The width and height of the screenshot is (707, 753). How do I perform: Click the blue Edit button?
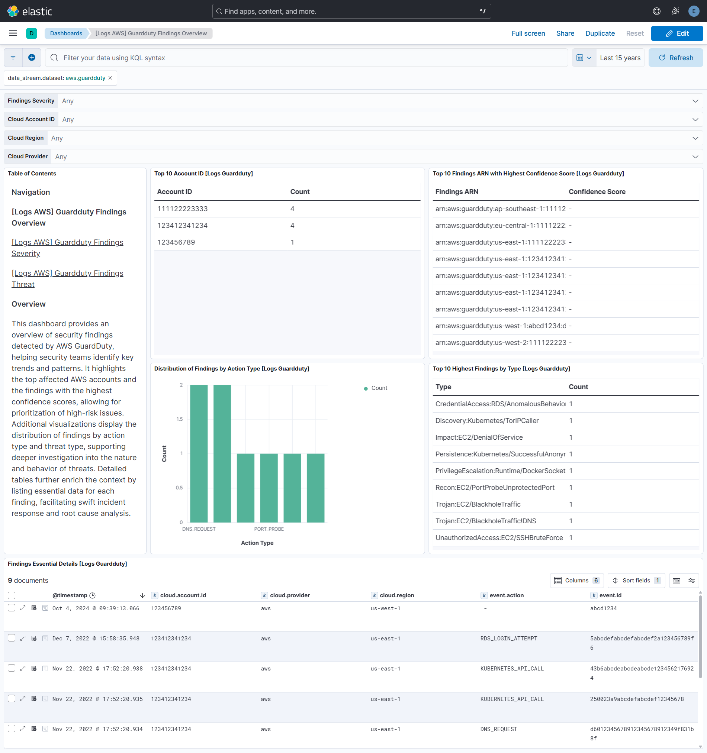(677, 33)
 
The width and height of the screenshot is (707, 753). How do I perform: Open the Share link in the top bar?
(565, 33)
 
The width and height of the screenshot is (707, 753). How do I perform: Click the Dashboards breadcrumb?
(66, 33)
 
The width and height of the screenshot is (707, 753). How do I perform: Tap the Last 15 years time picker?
(620, 58)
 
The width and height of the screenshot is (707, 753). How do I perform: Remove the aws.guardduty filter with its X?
(110, 78)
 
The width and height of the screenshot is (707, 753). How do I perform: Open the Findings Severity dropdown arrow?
(695, 101)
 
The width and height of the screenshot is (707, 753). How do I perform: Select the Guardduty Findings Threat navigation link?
(67, 278)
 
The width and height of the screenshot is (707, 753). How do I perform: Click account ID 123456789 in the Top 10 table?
(176, 242)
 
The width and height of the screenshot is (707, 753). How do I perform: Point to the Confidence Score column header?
(597, 192)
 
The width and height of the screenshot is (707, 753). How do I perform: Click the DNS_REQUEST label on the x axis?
(199, 529)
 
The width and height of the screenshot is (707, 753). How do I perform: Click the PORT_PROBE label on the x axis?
(269, 529)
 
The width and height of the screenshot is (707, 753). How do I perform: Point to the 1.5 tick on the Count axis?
(179, 419)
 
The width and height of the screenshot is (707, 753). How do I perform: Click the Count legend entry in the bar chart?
(379, 388)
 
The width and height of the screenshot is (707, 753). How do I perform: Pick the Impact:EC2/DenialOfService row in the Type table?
(479, 437)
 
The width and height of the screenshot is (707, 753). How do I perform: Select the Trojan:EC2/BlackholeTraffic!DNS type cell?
(486, 521)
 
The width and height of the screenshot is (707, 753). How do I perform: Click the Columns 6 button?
(576, 580)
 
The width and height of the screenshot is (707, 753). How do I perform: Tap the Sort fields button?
(636, 580)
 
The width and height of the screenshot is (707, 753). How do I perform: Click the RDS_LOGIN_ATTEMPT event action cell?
(508, 639)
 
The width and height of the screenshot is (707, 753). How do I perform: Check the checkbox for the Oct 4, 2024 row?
(12, 608)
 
